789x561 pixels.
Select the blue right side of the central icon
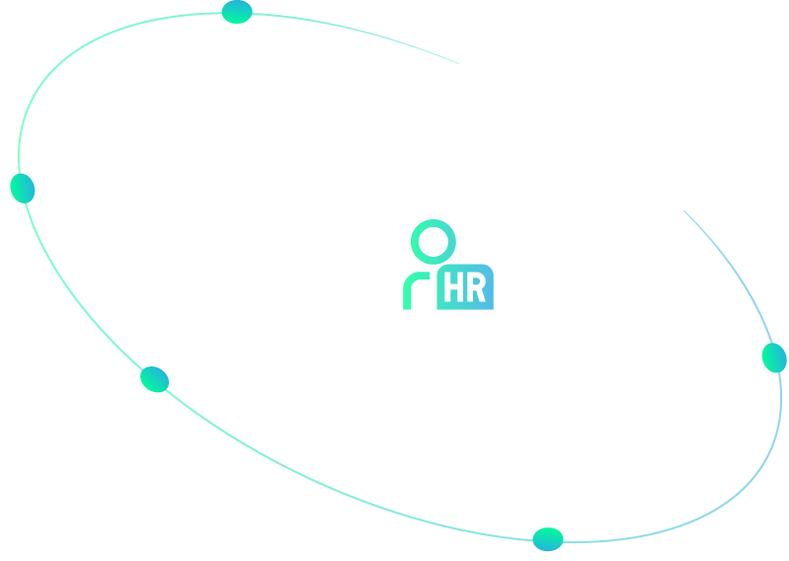click(478, 289)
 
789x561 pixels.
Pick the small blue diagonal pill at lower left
click(159, 380)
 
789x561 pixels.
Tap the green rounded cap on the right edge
click(771, 360)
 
